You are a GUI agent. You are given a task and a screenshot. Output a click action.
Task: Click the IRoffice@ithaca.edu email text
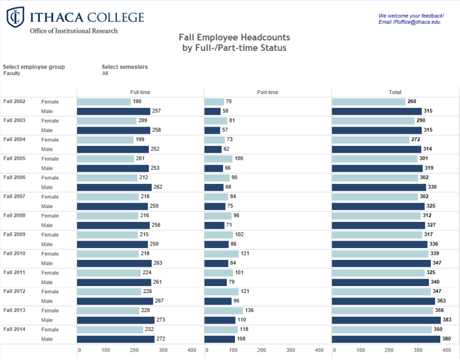click(417, 22)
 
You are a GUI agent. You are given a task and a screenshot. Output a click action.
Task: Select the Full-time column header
click(140, 92)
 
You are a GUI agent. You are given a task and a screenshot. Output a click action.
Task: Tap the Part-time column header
click(268, 92)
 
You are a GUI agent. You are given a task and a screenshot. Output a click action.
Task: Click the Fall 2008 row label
click(14, 216)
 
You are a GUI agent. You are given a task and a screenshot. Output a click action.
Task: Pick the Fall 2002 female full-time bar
click(104, 102)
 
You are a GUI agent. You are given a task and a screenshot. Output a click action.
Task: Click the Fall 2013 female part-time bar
click(224, 311)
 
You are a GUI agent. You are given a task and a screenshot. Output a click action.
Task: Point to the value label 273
click(160, 320)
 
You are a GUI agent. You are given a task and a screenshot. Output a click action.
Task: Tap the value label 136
click(250, 311)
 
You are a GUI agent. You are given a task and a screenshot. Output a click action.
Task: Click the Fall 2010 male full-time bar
click(115, 263)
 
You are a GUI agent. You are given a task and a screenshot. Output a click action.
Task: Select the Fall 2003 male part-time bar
click(212, 130)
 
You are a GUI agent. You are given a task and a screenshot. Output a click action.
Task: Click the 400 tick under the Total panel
click(446, 350)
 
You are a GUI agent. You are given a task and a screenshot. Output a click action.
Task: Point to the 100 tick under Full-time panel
click(106, 350)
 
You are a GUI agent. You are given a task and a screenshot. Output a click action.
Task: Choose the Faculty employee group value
click(12, 73)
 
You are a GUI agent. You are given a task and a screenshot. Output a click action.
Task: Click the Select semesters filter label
click(124, 67)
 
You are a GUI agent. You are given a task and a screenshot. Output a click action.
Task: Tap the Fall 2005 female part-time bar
click(219, 159)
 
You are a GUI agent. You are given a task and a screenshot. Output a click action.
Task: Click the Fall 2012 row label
click(14, 291)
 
